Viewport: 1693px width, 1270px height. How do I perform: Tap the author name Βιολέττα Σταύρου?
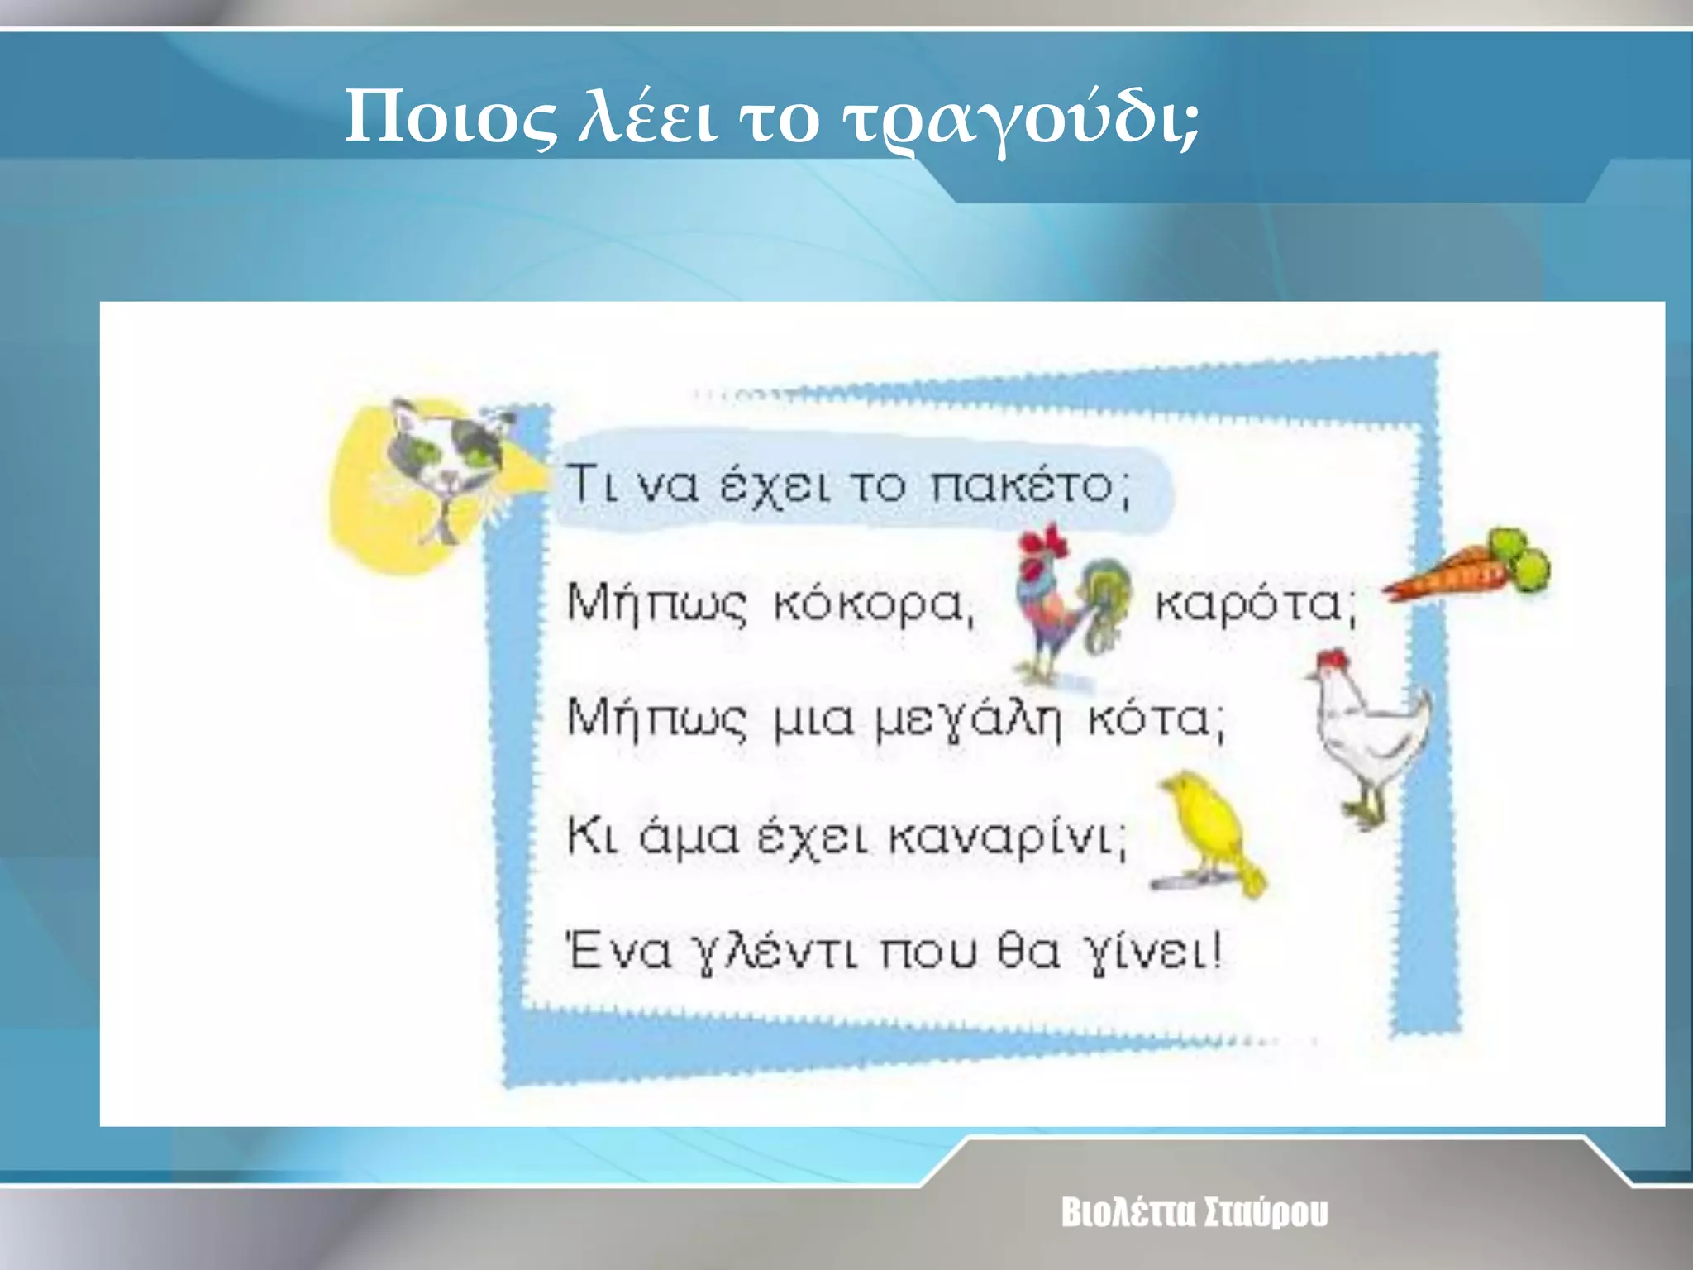1195,1213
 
